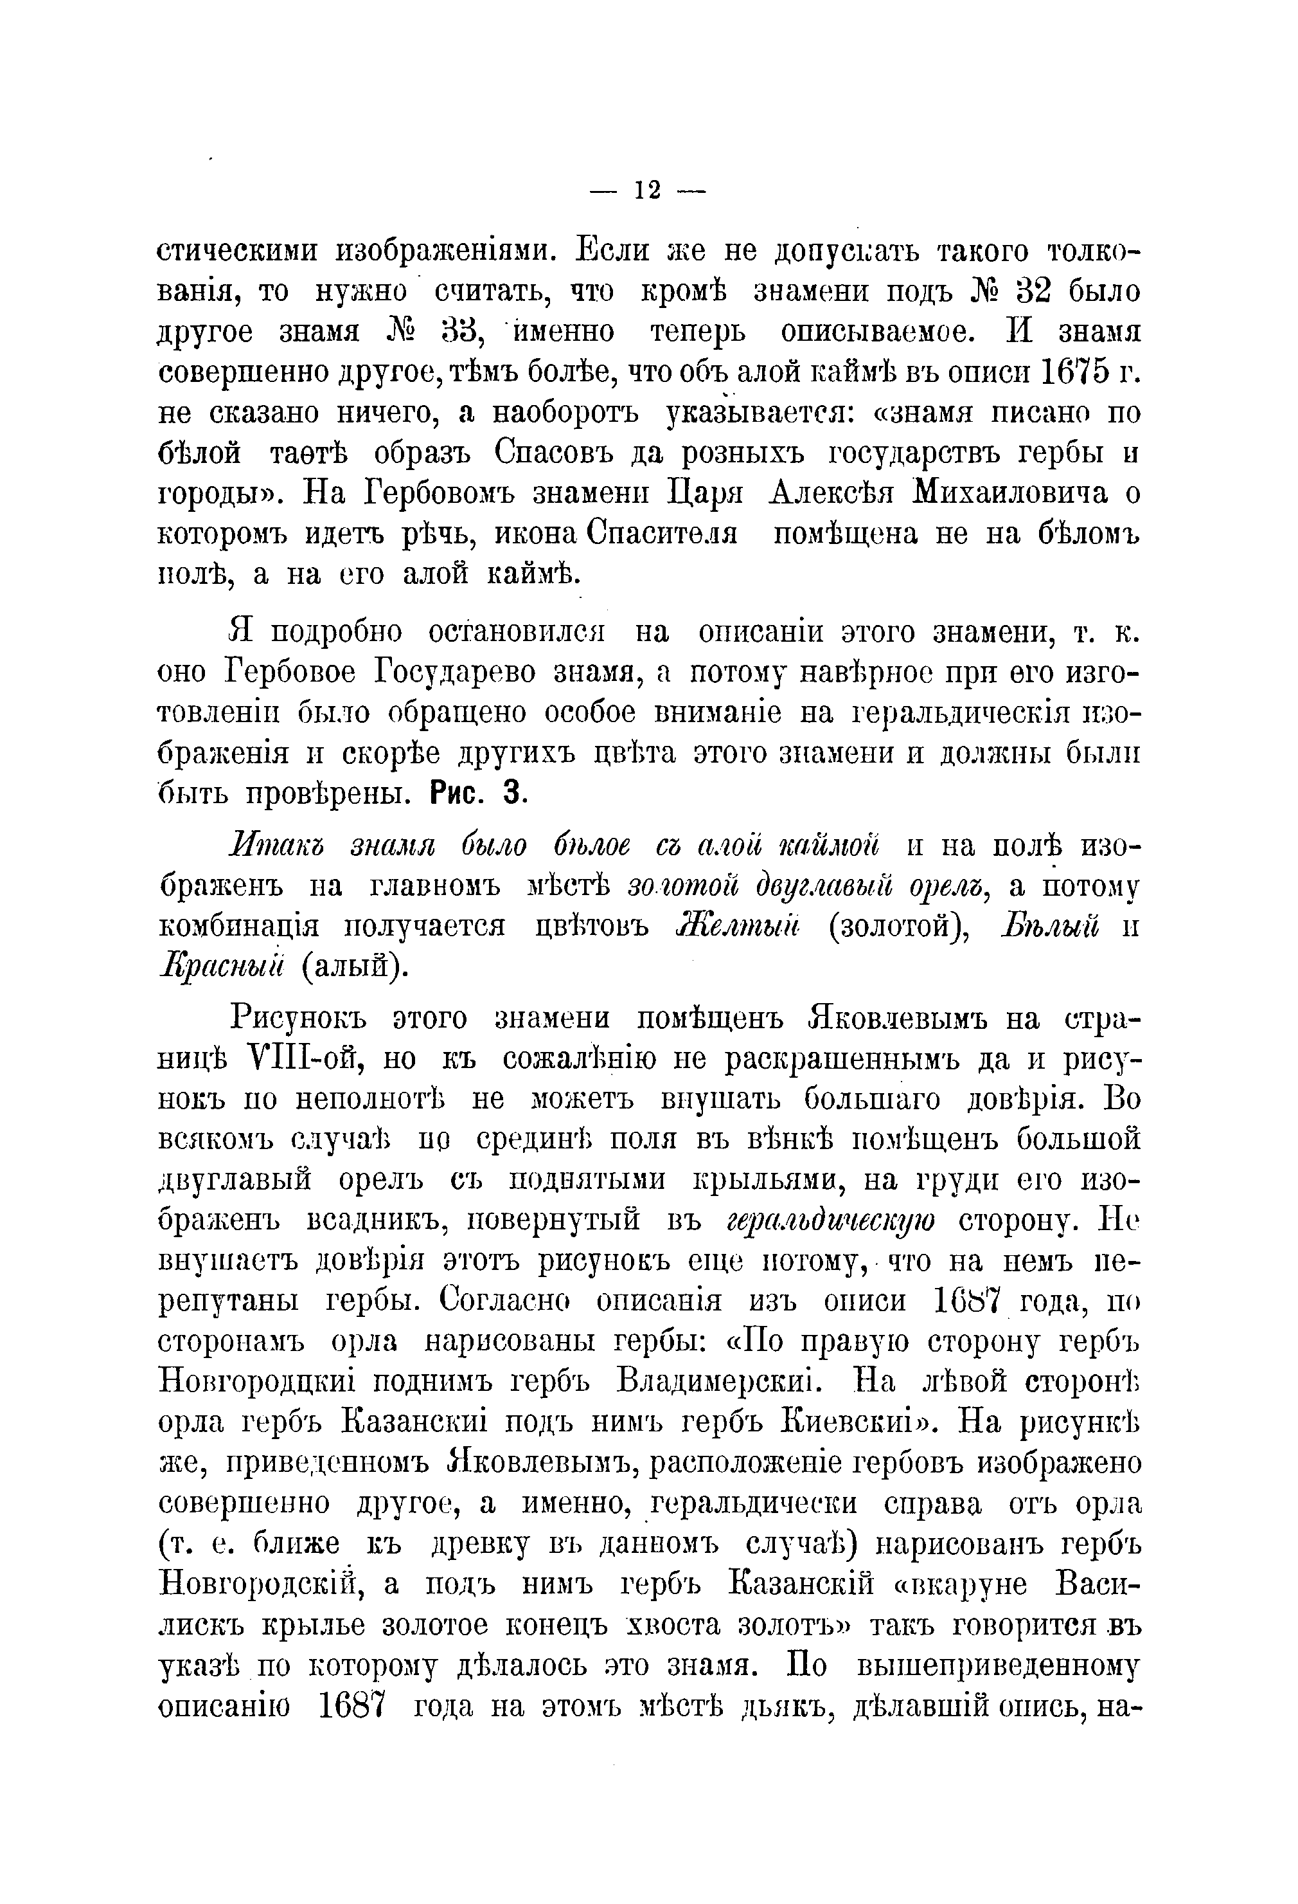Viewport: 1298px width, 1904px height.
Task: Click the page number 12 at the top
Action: click(647, 191)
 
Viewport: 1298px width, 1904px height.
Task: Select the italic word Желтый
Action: click(739, 926)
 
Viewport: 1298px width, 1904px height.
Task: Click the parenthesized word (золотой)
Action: click(896, 927)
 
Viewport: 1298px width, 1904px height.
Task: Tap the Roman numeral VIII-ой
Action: click(292, 1059)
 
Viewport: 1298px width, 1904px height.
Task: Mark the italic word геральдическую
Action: click(831, 1220)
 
